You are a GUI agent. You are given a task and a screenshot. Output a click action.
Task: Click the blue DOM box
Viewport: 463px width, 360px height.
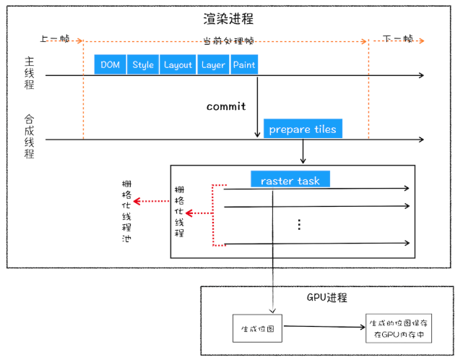[x=111, y=64]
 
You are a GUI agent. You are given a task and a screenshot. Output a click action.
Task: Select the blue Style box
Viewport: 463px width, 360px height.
[x=143, y=64]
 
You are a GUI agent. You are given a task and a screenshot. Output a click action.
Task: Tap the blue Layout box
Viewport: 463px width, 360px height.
[x=178, y=64]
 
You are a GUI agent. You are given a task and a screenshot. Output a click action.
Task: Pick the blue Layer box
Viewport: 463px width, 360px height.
[x=213, y=64]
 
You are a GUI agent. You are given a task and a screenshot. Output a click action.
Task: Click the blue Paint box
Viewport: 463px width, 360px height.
[x=244, y=64]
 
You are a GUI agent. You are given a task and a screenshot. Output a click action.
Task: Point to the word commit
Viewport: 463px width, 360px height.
[x=226, y=106]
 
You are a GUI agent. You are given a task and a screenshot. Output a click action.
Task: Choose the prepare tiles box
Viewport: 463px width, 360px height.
[x=302, y=129]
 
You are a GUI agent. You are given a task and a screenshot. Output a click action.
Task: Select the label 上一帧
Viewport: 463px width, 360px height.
[x=56, y=39]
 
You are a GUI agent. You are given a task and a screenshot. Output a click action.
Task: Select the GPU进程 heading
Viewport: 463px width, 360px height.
[x=327, y=297]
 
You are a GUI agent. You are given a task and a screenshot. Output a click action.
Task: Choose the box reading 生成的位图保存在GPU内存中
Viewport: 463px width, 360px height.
[x=398, y=327]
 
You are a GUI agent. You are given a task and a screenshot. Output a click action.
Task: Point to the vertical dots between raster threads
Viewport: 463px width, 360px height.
[x=298, y=224]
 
